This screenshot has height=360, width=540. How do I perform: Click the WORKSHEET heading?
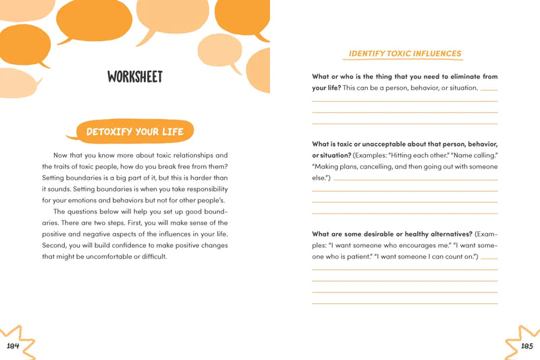[135, 77]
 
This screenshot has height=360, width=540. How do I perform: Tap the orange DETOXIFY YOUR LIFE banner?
[135, 131]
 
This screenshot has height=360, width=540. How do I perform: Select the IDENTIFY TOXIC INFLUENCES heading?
[405, 53]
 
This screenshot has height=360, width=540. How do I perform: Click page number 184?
[13, 346]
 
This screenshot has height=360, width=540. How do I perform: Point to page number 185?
[527, 346]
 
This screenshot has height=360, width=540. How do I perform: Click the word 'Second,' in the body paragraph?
[56, 245]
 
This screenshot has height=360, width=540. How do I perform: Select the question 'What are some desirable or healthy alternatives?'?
[391, 234]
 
